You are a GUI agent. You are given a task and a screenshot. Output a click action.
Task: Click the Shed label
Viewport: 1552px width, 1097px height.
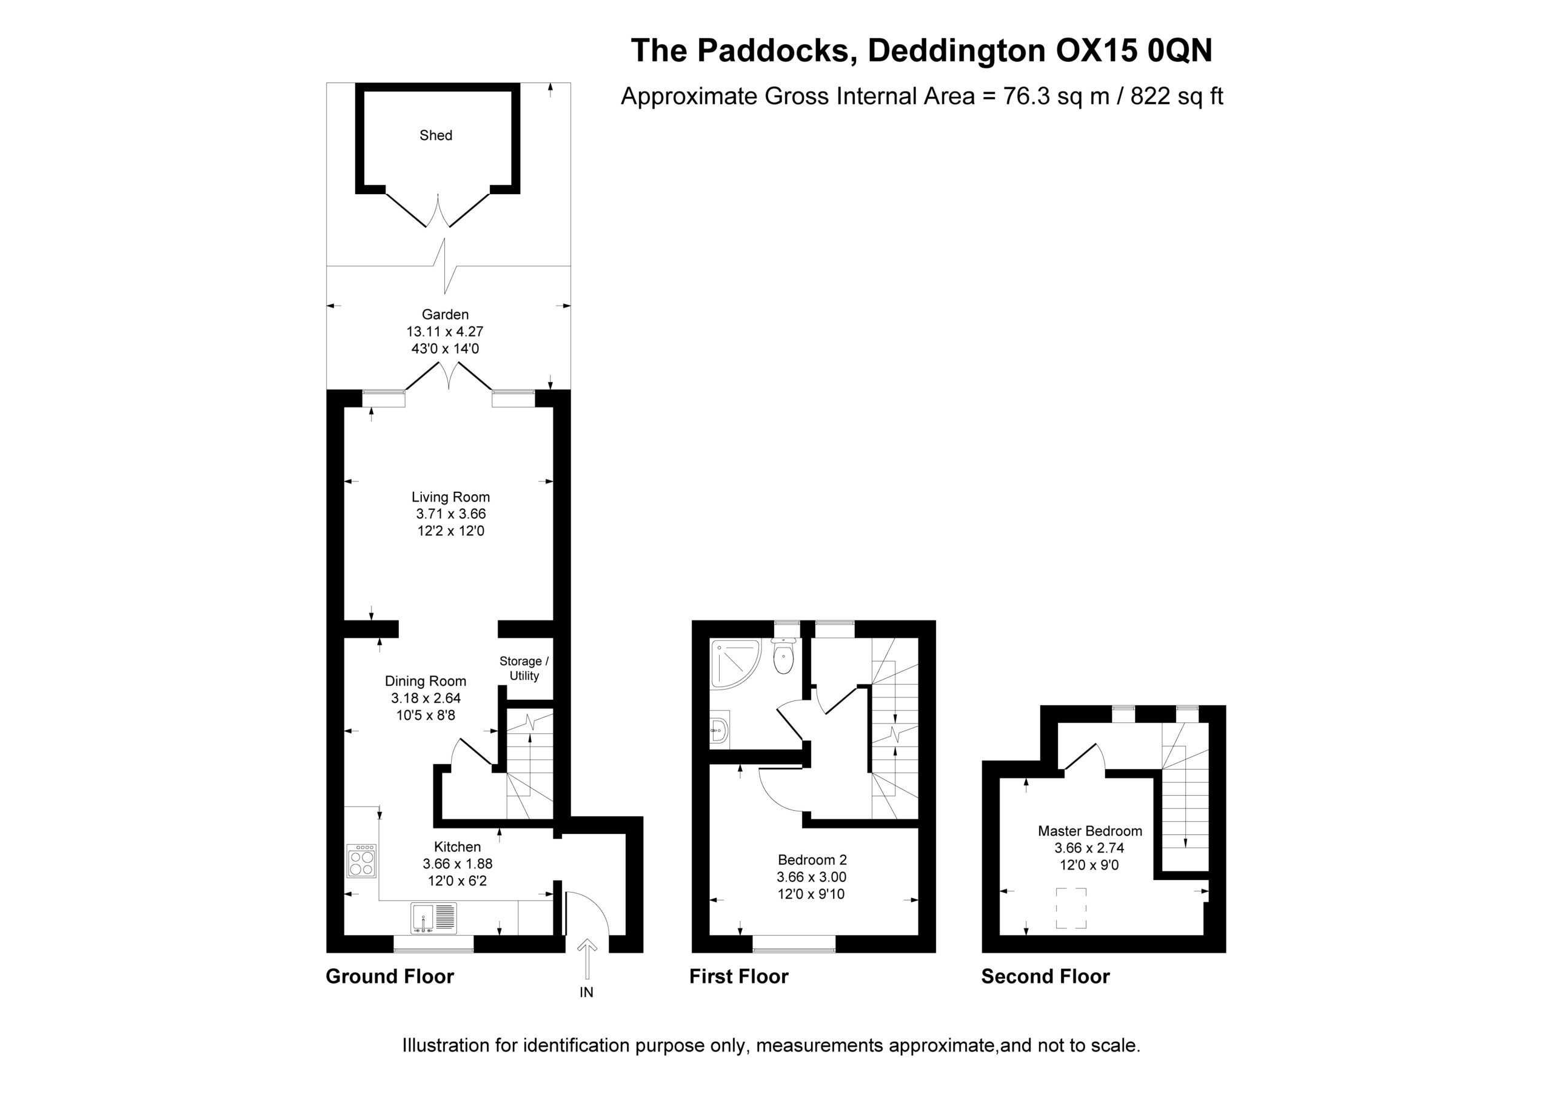[436, 135]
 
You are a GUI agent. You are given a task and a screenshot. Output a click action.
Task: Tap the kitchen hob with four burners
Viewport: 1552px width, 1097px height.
[362, 861]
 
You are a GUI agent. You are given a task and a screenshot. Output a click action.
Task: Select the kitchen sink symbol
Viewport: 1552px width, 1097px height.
[433, 919]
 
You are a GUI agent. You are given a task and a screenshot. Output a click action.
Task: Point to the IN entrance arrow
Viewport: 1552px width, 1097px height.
[587, 958]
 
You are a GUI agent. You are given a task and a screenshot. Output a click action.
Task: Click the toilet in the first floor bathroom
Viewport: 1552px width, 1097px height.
[783, 655]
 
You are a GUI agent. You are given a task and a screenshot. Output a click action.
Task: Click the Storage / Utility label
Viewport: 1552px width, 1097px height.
[524, 668]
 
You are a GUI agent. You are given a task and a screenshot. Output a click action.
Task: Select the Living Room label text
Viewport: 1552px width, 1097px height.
[451, 497]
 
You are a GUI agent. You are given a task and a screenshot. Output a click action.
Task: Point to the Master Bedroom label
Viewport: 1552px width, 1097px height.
[1090, 831]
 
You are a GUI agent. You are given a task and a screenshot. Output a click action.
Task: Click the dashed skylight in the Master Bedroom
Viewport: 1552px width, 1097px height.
[1071, 908]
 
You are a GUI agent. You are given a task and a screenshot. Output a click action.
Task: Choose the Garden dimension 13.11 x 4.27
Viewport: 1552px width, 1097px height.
[445, 331]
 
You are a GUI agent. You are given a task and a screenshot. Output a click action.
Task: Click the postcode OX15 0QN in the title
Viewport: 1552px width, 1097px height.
[1134, 50]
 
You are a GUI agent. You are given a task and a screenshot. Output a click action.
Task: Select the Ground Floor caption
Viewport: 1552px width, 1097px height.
[390, 976]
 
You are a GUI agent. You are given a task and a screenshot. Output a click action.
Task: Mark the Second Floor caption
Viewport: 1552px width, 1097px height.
[1046, 976]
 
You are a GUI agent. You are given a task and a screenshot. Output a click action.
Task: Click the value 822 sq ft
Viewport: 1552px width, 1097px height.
[1177, 96]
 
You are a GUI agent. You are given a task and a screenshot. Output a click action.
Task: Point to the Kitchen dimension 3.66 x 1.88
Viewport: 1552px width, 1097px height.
[458, 864]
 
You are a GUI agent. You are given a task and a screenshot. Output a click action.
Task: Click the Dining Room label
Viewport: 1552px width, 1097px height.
[426, 681]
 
